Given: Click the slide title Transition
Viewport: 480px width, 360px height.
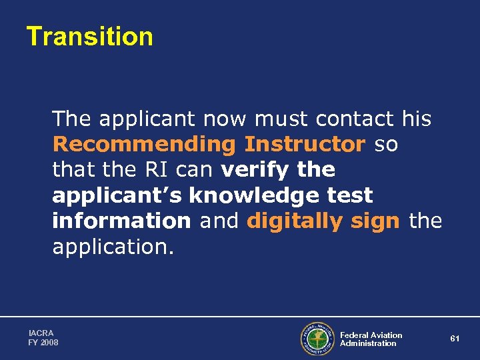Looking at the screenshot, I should pyautogui.click(x=89, y=37).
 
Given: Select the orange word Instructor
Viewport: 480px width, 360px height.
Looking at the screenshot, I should pyautogui.click(x=305, y=144).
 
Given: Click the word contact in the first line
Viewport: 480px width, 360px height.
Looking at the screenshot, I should pyautogui.click(x=355, y=119).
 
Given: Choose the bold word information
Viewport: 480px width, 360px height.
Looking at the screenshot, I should pyautogui.click(x=121, y=221).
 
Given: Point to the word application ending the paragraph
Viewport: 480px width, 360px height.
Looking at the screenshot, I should pyautogui.click(x=112, y=246).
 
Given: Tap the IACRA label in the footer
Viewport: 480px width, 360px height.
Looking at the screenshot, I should pyautogui.click(x=41, y=333).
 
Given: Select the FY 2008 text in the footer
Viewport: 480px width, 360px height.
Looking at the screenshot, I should pyautogui.click(x=43, y=342).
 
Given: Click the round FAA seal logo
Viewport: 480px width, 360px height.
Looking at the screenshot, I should pyautogui.click(x=317, y=339).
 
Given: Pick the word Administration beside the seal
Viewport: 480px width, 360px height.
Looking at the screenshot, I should pyautogui.click(x=368, y=343).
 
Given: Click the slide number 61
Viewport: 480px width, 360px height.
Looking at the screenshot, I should pyautogui.click(x=455, y=339).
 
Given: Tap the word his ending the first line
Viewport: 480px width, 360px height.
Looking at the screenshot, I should pyautogui.click(x=417, y=119).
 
